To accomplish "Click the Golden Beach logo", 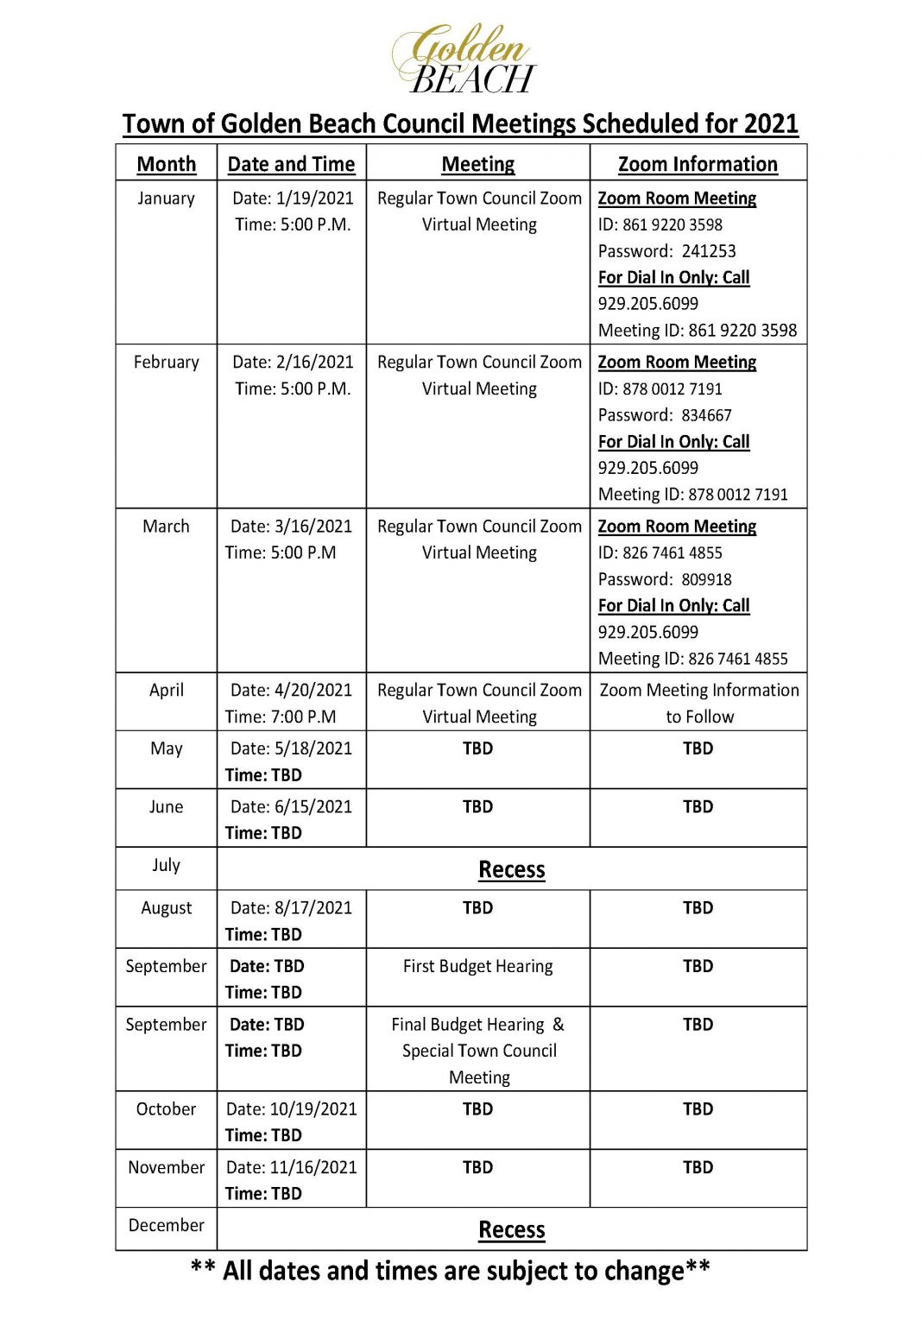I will [x=464, y=59].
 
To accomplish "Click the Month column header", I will [x=167, y=164].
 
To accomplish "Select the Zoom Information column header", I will [x=698, y=164].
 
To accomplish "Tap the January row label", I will [x=166, y=199].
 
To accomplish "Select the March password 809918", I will [x=706, y=579].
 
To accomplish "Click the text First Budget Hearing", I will [x=477, y=966].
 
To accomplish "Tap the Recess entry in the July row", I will [x=512, y=869].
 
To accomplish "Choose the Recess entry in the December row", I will [x=512, y=1229].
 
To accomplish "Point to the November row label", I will [x=167, y=1167].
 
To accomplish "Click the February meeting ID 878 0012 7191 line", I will [x=693, y=495].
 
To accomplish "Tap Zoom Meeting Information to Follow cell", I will [x=699, y=703].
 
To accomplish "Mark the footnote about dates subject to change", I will [x=450, y=1271].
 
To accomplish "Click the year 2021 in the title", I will [x=770, y=123].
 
